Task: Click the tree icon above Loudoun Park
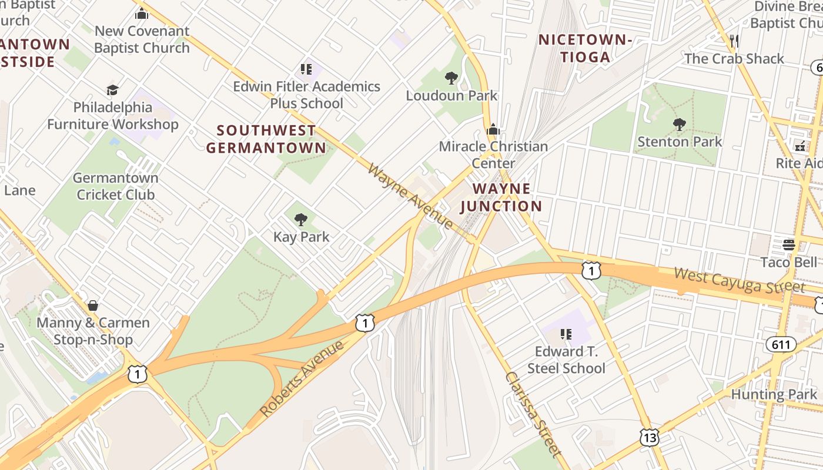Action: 451,78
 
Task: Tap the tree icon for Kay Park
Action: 301,220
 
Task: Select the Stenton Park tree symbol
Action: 680,124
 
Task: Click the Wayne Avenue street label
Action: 410,197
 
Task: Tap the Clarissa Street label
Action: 533,414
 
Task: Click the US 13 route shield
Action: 650,438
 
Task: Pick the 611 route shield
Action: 781,344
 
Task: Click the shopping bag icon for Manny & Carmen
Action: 93,305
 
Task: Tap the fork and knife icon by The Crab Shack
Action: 734,41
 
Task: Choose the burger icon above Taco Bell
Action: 788,244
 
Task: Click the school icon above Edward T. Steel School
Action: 566,334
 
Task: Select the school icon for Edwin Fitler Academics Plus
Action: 306,69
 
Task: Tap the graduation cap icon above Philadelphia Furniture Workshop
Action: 112,90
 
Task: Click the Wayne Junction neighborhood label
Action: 501,197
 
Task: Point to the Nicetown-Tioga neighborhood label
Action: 585,48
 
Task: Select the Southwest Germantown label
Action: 266,139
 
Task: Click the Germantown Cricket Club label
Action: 116,186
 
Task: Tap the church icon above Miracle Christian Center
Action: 493,129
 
